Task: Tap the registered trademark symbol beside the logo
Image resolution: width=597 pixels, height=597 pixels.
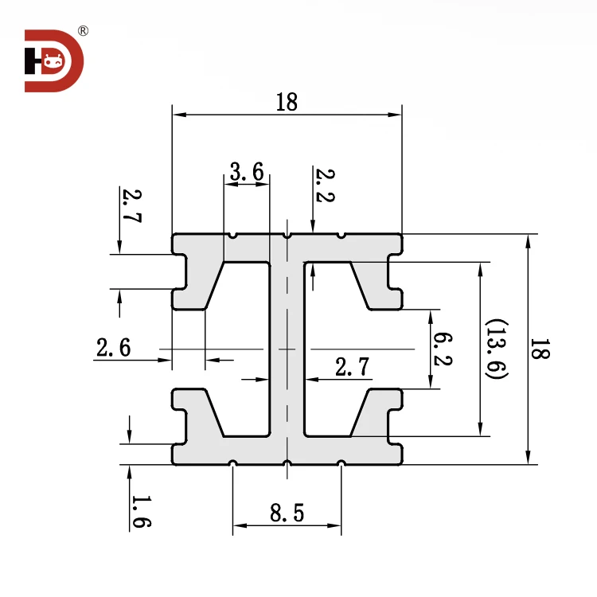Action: pyautogui.click(x=84, y=32)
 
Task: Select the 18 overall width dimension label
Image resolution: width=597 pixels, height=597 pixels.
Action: pyautogui.click(x=287, y=102)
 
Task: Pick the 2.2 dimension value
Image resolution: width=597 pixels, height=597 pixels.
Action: pyautogui.click(x=324, y=185)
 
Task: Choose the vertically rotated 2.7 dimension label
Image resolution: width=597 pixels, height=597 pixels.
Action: pyautogui.click(x=131, y=206)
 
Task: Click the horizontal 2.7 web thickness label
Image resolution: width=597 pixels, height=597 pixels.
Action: pyautogui.click(x=352, y=367)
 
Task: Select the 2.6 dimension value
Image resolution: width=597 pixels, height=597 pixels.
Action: pyautogui.click(x=113, y=348)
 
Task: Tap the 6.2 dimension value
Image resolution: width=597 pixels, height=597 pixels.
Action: pyautogui.click(x=443, y=349)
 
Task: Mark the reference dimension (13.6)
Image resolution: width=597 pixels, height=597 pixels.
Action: pyautogui.click(x=497, y=349)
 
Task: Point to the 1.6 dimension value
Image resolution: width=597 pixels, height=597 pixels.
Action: pyautogui.click(x=140, y=512)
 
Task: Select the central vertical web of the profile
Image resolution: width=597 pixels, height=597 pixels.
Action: pyautogui.click(x=287, y=350)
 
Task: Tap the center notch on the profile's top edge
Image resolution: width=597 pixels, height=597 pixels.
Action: pyautogui.click(x=287, y=235)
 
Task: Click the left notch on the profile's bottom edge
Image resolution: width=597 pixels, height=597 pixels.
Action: pyautogui.click(x=232, y=463)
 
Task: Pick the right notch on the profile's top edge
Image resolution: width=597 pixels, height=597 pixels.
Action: pyautogui.click(x=341, y=235)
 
